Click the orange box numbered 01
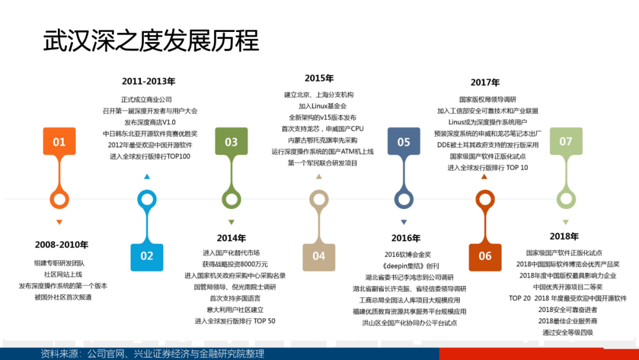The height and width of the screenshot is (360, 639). [59, 141]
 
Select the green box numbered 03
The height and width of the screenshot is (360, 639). [231, 141]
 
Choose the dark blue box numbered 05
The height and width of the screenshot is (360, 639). [404, 141]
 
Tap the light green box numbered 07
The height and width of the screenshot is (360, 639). [566, 141]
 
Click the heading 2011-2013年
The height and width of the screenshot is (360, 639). [149, 82]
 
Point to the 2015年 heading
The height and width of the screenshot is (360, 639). [319, 78]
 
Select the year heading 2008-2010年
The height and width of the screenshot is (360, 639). [62, 245]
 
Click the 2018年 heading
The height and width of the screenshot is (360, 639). [564, 236]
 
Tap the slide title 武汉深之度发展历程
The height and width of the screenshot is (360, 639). [151, 40]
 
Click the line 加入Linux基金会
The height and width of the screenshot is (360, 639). [322, 106]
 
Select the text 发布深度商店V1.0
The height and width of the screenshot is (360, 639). [150, 123]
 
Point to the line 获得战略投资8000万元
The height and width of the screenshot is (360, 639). [235, 264]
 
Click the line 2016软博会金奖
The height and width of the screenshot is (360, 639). [408, 255]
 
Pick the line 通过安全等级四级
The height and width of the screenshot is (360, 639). [567, 332]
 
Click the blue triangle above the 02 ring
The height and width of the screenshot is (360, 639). [147, 176]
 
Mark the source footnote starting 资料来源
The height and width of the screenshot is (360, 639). [153, 353]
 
